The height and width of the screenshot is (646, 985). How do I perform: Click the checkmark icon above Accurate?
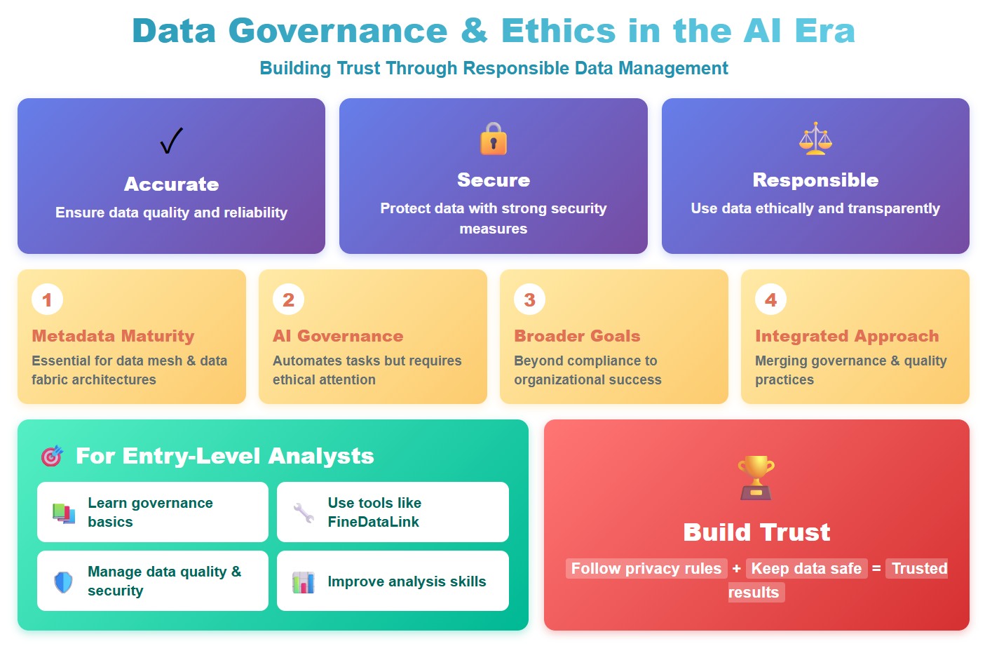point(171,141)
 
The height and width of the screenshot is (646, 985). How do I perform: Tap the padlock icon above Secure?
point(494,138)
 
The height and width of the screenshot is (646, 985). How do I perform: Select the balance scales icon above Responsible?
point(815,138)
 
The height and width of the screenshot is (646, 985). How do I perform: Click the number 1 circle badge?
point(47,300)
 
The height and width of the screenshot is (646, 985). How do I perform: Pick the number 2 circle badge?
point(288,300)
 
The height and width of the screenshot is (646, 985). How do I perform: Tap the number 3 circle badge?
point(529,300)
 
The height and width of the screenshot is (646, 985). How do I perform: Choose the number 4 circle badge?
point(770,300)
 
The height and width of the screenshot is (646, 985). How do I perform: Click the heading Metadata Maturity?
point(113,336)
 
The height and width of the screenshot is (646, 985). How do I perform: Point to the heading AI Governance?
point(338,336)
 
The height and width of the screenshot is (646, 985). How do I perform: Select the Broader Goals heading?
point(577,336)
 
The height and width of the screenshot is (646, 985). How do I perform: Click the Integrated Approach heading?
point(847,336)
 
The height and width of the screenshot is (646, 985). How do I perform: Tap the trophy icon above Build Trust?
point(756,478)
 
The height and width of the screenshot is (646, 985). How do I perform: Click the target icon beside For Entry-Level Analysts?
point(52,456)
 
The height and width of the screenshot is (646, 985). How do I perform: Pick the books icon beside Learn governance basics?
point(64,513)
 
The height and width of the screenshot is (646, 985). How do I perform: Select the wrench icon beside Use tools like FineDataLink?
point(304,513)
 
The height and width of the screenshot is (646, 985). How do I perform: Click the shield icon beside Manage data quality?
point(63,581)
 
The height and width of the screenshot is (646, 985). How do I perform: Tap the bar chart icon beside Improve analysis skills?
point(304,582)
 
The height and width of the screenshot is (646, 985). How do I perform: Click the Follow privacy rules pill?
point(646,568)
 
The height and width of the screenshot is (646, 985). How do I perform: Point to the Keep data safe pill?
point(806,568)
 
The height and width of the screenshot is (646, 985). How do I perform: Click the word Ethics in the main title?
point(558,32)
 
